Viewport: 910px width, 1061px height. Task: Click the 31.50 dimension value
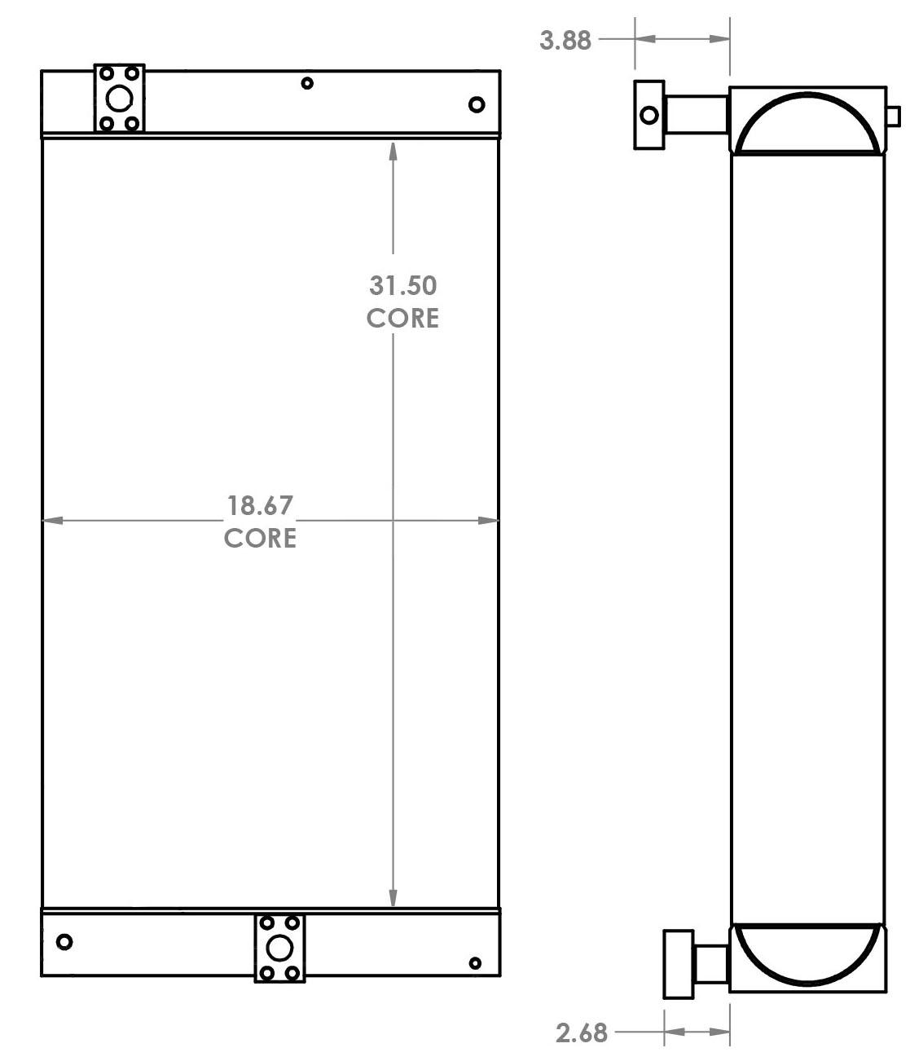402,285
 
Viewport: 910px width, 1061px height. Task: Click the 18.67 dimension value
260,505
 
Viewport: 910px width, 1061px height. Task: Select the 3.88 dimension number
565,40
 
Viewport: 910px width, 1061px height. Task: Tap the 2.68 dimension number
582,1033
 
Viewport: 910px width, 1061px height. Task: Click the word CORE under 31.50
402,318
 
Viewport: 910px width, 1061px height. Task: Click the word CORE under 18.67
260,538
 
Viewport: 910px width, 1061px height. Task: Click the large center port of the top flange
119,99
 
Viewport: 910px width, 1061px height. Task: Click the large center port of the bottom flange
279,949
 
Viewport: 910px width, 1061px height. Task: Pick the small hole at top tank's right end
477,104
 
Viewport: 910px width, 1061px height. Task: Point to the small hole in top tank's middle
307,82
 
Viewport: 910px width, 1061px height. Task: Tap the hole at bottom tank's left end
64,942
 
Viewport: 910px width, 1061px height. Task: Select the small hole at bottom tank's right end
475,963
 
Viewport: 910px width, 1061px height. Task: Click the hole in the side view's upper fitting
649,115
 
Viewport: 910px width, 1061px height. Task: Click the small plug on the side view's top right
893,117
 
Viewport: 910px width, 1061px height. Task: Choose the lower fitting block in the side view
678,964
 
